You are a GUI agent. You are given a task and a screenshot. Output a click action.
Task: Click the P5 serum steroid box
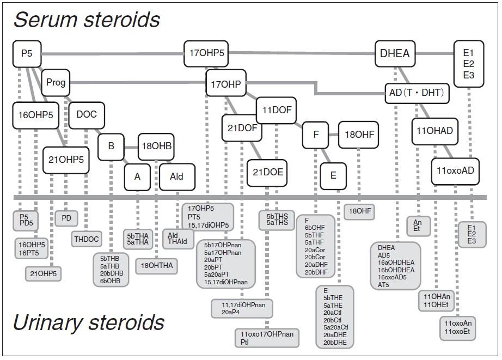coord(27,53)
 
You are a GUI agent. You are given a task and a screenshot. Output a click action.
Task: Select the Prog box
coord(56,83)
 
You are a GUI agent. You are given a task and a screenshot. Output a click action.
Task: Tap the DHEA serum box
coord(395,53)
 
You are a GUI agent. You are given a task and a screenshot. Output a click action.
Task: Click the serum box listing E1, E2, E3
coord(469,64)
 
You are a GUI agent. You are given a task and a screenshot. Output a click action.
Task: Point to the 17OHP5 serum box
coord(206,53)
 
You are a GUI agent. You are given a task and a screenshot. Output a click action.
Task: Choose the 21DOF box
coord(242,128)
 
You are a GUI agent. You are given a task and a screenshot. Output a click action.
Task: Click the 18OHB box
coord(156,146)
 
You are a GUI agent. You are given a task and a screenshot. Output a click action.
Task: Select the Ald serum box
coord(176,176)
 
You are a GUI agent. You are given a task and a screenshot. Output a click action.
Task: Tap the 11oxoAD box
coord(455,170)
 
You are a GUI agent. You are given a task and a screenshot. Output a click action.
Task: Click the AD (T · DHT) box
coord(417,93)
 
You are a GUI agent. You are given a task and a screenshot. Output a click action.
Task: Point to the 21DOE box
coord(268,172)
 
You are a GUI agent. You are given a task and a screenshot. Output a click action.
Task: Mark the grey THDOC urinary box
coord(86,239)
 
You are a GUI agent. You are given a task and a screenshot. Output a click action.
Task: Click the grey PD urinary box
coord(66,218)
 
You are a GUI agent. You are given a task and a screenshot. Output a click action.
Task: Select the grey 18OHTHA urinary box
coord(157,266)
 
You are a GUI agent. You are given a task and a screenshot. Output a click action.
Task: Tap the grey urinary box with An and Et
coord(418,225)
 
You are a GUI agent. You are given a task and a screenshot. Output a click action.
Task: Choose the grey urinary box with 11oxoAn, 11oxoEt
coord(457,327)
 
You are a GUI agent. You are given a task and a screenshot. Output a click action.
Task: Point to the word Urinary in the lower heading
coord(49,322)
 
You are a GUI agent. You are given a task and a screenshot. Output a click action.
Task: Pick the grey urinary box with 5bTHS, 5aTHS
coord(277,219)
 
